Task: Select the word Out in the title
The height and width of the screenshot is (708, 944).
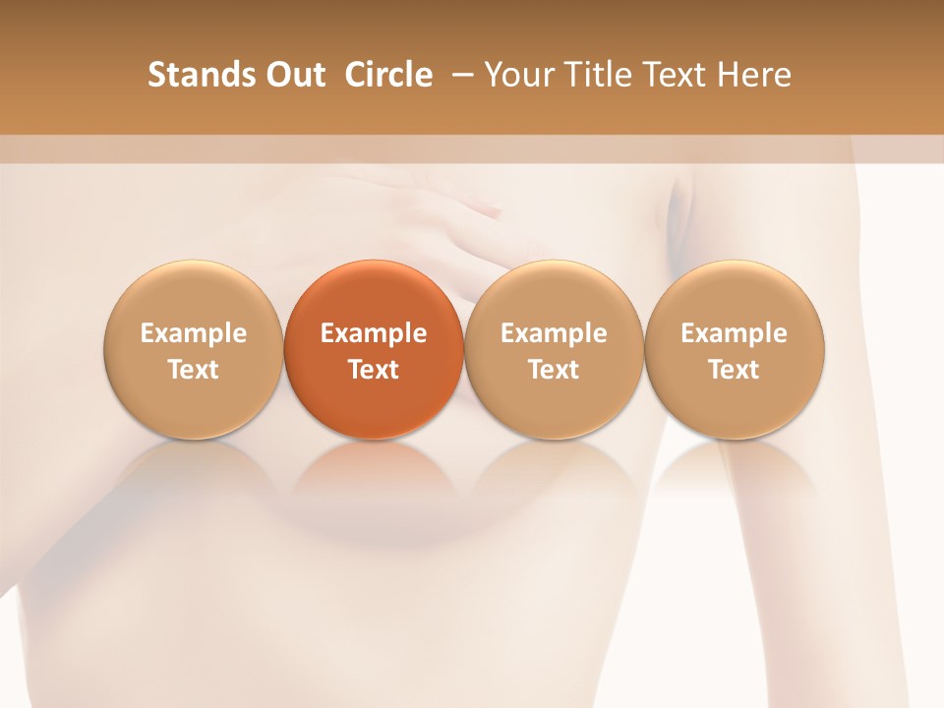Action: point(293,75)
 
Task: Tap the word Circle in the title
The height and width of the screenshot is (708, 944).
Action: point(388,75)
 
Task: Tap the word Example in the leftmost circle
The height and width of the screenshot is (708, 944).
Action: point(193,333)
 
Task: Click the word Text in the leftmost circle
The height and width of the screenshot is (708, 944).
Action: point(193,370)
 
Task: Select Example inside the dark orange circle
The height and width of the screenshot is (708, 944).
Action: point(374,333)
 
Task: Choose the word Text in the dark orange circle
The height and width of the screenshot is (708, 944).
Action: point(374,370)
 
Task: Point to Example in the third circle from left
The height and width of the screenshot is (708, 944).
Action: point(554,333)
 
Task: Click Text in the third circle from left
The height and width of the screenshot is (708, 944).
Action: point(554,370)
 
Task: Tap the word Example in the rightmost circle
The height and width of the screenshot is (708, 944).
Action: point(734,333)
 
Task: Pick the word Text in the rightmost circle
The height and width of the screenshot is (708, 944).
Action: point(734,370)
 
